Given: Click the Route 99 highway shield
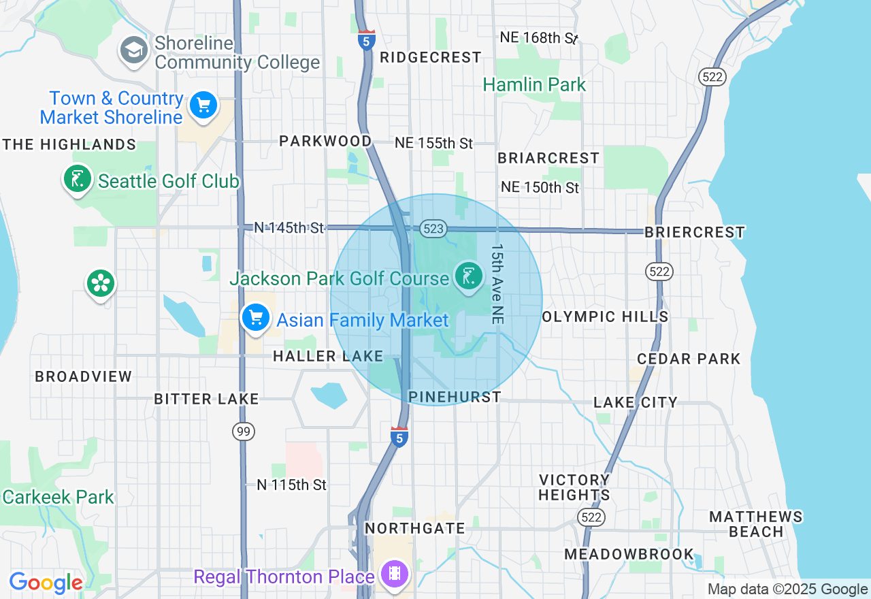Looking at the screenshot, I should (x=243, y=431).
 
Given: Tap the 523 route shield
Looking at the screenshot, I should (x=433, y=229).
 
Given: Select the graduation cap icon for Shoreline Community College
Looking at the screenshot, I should (x=134, y=50).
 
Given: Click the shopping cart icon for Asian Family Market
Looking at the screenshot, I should (x=256, y=317).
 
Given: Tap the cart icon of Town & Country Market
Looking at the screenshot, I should (x=203, y=106).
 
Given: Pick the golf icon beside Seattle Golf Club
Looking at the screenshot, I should (x=78, y=179).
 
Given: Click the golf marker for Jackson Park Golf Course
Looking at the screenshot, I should (x=468, y=276).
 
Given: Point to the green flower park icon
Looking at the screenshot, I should (x=101, y=284).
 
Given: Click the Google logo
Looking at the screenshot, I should (x=46, y=583).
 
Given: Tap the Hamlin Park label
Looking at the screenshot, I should (x=534, y=85).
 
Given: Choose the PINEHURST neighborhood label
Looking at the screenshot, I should (x=455, y=397).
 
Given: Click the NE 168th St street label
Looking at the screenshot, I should (x=538, y=37).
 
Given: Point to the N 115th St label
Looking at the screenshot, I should (x=291, y=485).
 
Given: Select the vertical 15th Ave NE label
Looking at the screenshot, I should (x=497, y=283).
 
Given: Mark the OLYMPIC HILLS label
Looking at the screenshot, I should (x=605, y=317).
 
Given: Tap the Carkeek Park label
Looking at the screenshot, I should (x=58, y=497).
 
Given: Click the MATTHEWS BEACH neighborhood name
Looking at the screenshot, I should (x=756, y=524).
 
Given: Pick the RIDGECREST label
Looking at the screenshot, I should (x=430, y=58).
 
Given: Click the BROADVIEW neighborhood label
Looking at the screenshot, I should (x=84, y=376).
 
